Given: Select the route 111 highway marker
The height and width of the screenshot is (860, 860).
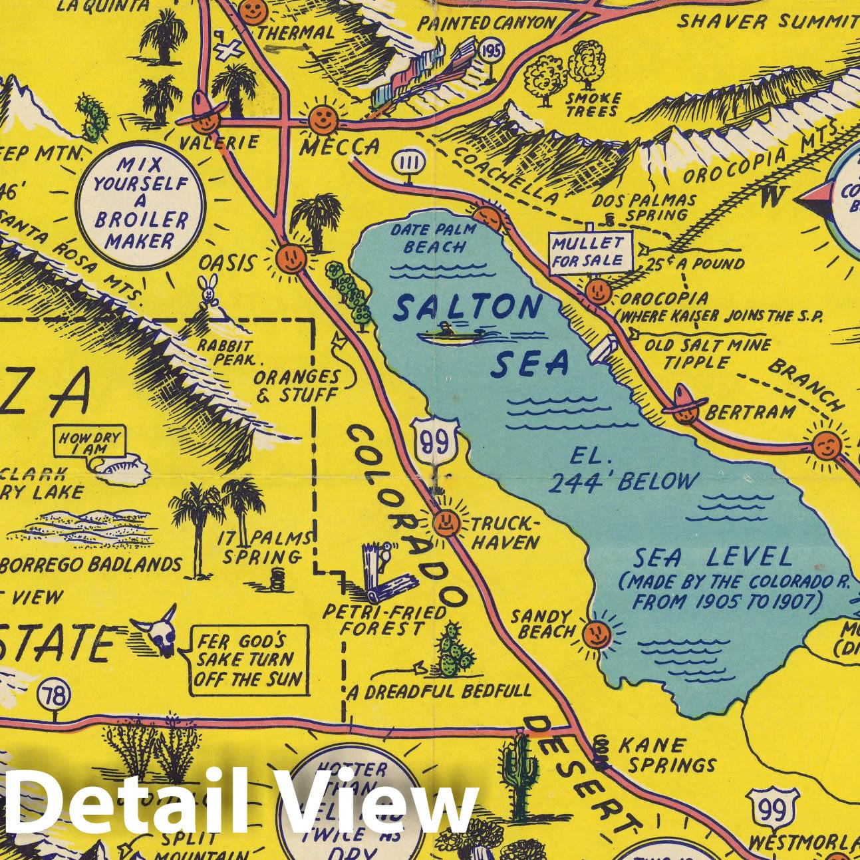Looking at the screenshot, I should pyautogui.click(x=404, y=162).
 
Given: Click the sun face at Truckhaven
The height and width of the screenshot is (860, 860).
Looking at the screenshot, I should pyautogui.click(x=446, y=523).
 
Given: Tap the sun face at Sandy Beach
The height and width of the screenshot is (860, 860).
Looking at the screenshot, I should pyautogui.click(x=597, y=634).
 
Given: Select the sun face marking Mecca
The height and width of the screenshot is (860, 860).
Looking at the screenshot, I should pyautogui.click(x=323, y=120).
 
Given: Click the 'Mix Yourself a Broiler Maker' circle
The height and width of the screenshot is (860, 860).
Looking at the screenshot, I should pyautogui.click(x=140, y=205).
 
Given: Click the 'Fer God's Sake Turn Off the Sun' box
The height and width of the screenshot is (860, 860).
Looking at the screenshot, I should pyautogui.click(x=249, y=660).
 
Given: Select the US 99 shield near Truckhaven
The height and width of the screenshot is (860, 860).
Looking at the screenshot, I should pyautogui.click(x=436, y=442).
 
